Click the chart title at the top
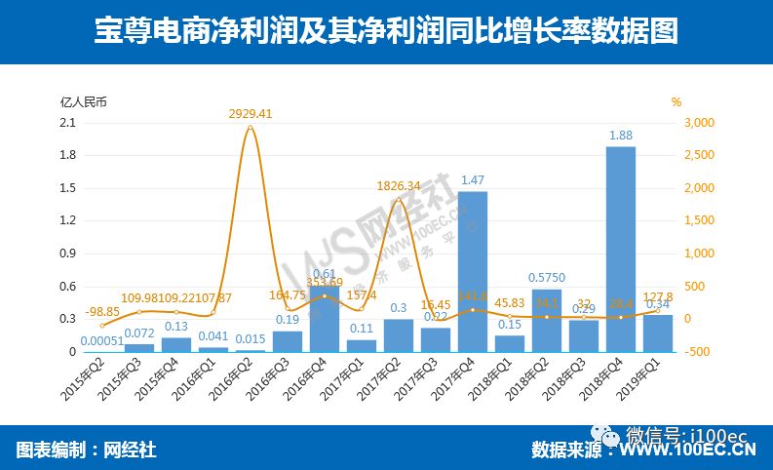[386, 32]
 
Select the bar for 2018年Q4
[621, 249]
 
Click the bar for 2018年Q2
[547, 320]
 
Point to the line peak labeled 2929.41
[251, 127]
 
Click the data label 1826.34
[400, 185]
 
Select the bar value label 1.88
[621, 136]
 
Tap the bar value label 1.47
[473, 180]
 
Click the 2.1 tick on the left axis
[68, 122]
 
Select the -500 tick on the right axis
[699, 351]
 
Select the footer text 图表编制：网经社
[86, 450]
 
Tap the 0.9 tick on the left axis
[68, 253]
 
